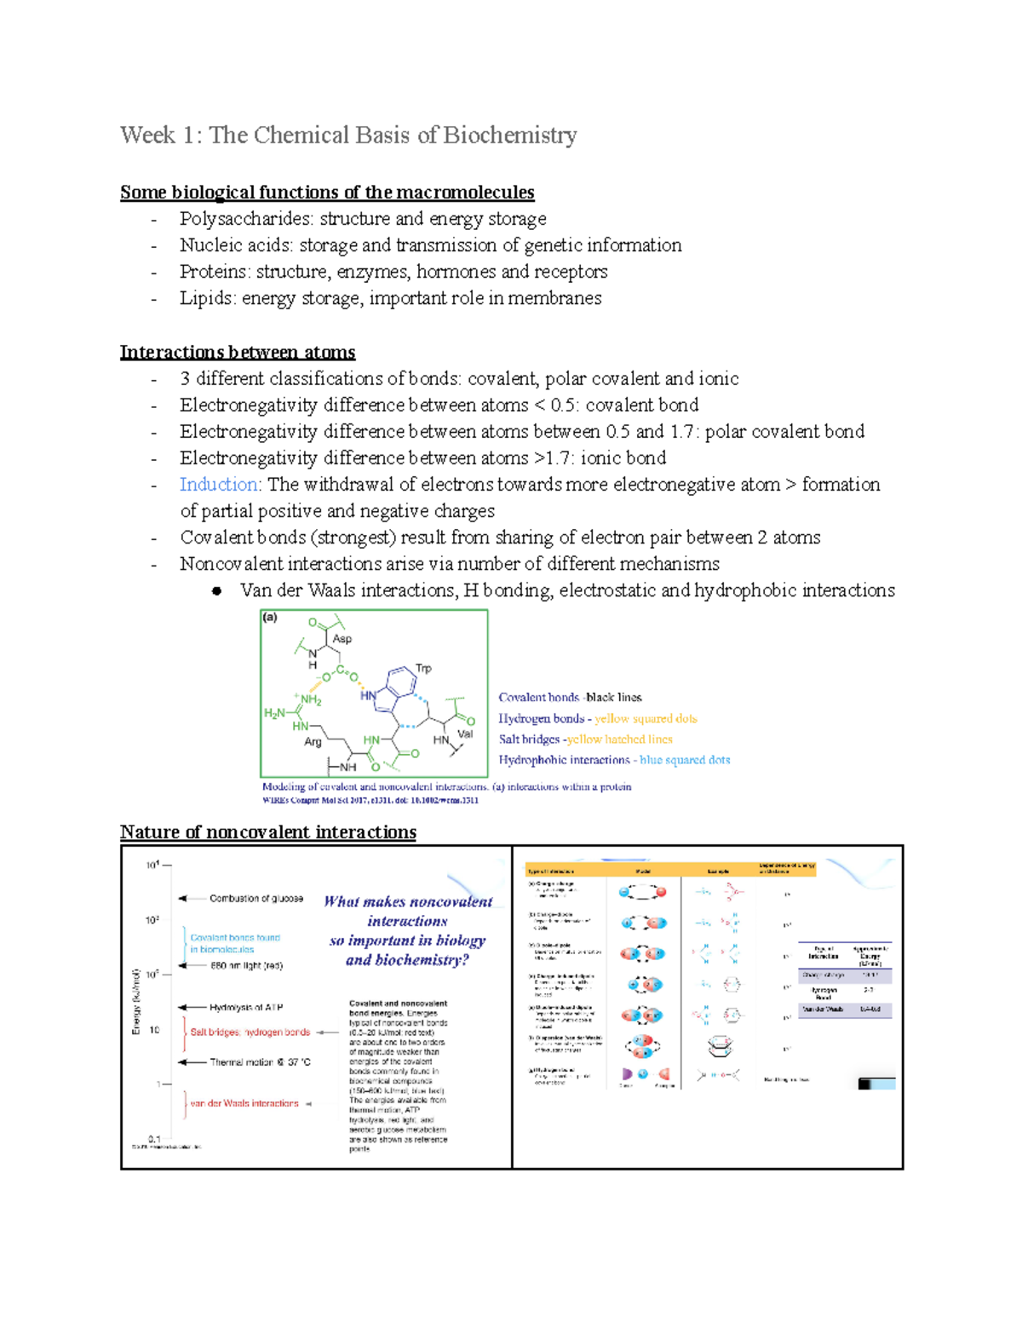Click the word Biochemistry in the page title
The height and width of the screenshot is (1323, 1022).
click(x=509, y=135)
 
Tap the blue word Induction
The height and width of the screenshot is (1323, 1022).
click(x=219, y=485)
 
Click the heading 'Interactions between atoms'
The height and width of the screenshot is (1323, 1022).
click(x=238, y=352)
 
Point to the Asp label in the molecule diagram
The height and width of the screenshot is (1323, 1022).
click(x=342, y=638)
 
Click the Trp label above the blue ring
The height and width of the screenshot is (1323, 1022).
click(x=423, y=668)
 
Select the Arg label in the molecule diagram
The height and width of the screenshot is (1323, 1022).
click(x=313, y=741)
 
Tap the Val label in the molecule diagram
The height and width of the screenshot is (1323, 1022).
click(x=465, y=733)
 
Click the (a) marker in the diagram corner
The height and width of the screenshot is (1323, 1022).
click(x=270, y=618)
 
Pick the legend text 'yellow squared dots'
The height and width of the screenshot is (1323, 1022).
click(x=646, y=719)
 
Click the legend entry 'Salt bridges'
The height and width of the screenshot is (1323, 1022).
click(x=529, y=739)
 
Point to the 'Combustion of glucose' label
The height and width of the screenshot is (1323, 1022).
click(x=255, y=899)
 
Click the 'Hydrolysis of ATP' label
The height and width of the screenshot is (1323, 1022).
click(x=246, y=1008)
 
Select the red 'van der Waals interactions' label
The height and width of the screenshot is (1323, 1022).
click(x=244, y=1103)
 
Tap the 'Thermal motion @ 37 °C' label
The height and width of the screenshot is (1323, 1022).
click(x=260, y=1062)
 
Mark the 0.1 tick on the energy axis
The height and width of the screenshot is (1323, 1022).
click(x=154, y=1138)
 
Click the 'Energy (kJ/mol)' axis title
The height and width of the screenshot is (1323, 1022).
click(x=135, y=1002)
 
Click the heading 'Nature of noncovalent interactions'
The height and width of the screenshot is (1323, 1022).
click(x=268, y=832)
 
